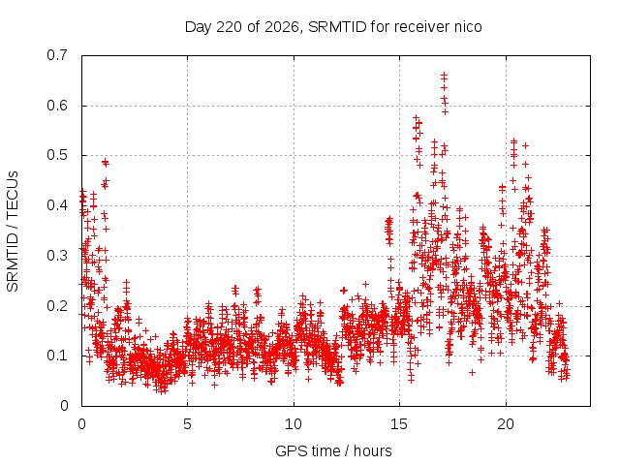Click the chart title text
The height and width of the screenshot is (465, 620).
(x=333, y=27)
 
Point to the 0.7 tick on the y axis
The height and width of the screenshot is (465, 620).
(x=57, y=55)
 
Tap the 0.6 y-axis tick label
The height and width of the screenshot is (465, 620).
(x=57, y=106)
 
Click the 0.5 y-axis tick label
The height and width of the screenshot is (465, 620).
(x=57, y=155)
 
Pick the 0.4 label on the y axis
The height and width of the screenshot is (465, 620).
(x=57, y=205)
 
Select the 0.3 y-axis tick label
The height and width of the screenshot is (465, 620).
(x=57, y=256)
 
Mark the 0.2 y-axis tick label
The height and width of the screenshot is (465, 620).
(x=57, y=306)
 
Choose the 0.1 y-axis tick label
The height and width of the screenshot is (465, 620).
(x=57, y=356)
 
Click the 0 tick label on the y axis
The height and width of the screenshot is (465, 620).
(x=64, y=406)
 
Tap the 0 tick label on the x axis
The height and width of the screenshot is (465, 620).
(x=81, y=424)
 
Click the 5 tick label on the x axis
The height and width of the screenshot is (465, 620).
(x=187, y=424)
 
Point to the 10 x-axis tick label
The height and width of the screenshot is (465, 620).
(x=294, y=424)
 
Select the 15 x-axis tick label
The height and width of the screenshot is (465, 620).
(x=399, y=424)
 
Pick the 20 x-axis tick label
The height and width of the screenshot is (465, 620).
(x=506, y=424)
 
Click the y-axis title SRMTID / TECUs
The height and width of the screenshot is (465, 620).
(x=13, y=232)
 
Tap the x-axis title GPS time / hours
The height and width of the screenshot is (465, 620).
(x=333, y=451)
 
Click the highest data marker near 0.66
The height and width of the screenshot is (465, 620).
(x=444, y=74)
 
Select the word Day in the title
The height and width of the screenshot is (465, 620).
(x=199, y=28)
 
